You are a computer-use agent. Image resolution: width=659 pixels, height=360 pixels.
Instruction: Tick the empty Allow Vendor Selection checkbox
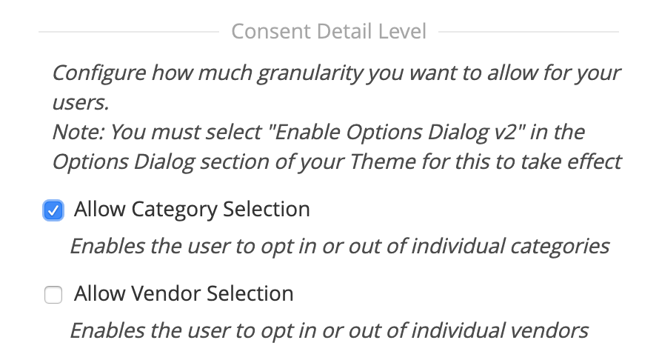pyautogui.click(x=53, y=296)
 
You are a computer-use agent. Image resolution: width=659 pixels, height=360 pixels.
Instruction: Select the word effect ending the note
pyautogui.click(x=592, y=161)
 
